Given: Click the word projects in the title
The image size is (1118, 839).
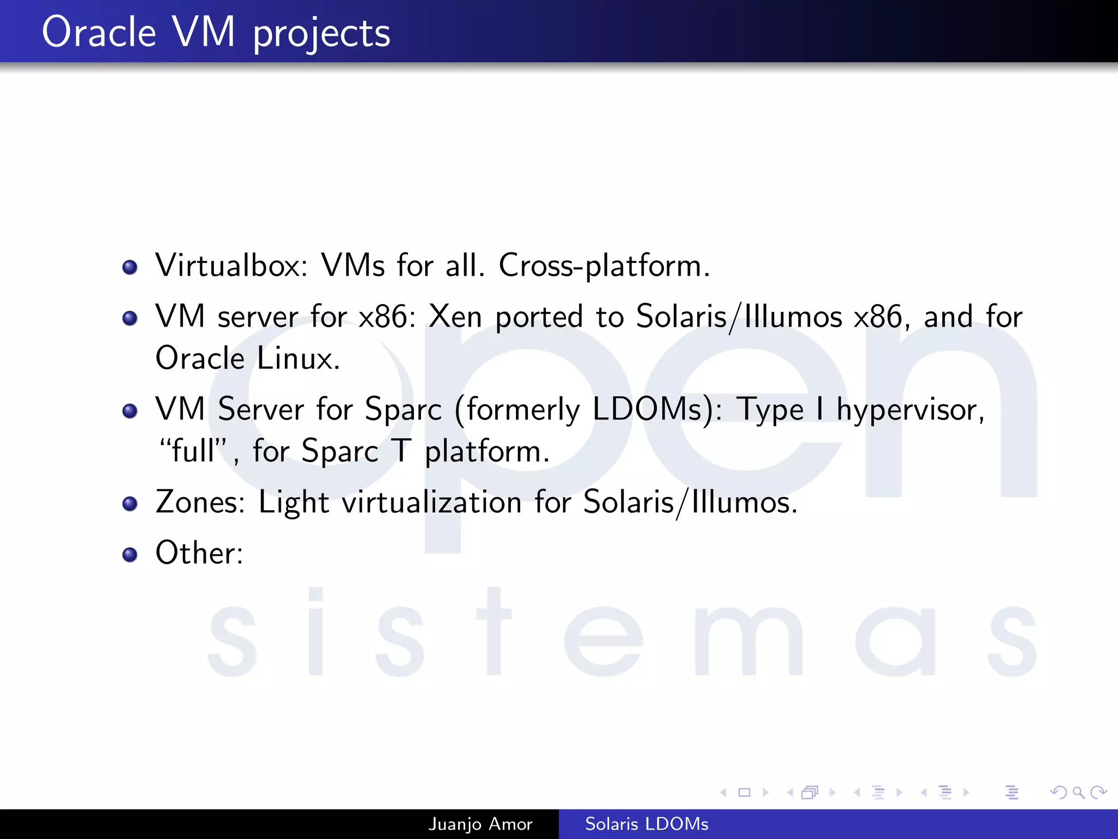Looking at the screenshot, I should pos(321,34).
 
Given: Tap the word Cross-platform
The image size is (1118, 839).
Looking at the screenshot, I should pos(604,266).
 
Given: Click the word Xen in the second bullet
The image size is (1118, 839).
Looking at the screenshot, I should pos(455,317).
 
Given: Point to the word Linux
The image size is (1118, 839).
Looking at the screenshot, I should pos(298,359).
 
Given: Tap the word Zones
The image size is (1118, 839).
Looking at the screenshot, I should pos(200,502).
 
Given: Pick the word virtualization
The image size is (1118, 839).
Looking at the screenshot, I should pos(431,503).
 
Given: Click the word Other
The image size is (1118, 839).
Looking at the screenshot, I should pos(198,553).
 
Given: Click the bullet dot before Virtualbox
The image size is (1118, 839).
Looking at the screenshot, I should pos(130,268).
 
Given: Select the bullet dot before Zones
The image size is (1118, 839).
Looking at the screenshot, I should pos(130,504).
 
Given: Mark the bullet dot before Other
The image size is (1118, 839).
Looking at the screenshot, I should pos(130,555).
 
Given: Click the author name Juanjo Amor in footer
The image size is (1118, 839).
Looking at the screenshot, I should pos(480,824).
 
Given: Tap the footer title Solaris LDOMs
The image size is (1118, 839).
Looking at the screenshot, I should pos(646,824).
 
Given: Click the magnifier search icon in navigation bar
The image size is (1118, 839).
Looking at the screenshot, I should pos(1078,792).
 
